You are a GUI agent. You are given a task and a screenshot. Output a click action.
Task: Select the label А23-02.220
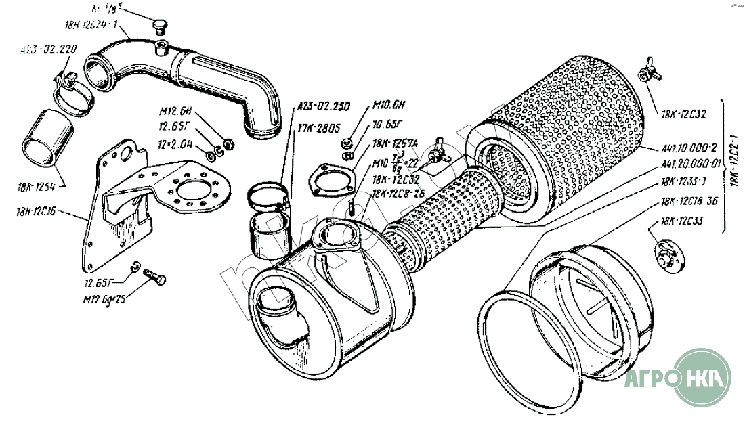point(49,49)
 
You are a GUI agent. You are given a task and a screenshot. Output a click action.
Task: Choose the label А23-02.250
point(323,106)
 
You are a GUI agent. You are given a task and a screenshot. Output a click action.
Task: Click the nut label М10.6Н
point(388,106)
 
